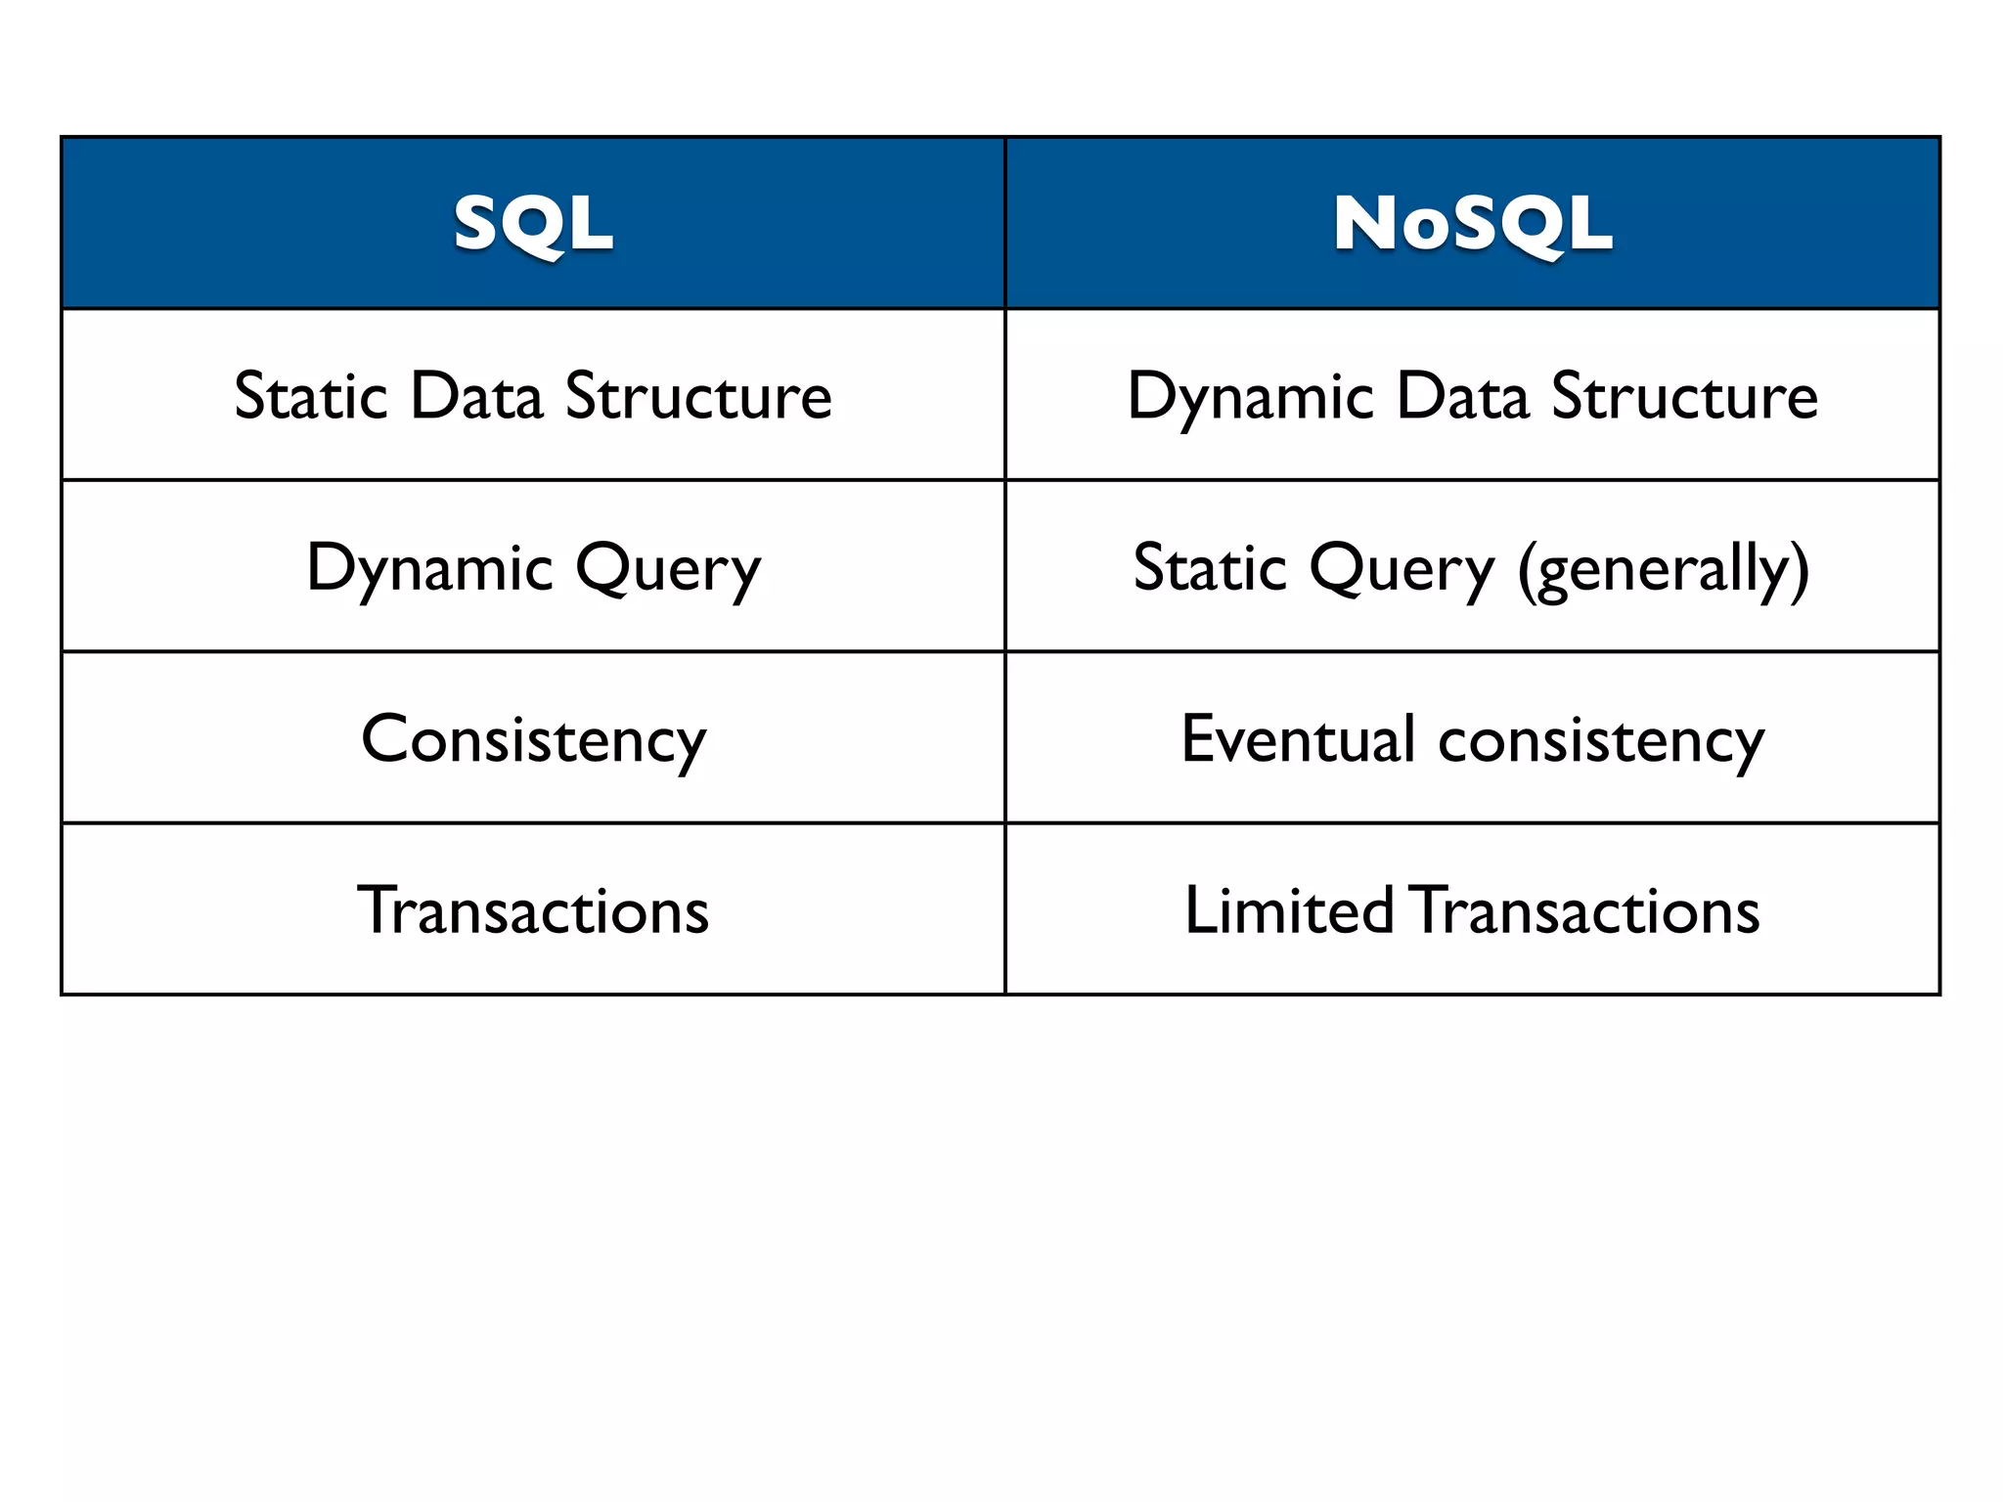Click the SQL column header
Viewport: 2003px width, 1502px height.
(533, 224)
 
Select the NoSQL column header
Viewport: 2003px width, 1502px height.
(1472, 224)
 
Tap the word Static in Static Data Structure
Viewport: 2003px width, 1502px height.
(311, 396)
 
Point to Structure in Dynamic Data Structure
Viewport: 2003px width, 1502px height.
(1684, 396)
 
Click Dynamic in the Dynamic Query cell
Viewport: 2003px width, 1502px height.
(430, 568)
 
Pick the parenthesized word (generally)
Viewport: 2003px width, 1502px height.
(1663, 570)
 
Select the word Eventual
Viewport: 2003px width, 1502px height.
(1298, 738)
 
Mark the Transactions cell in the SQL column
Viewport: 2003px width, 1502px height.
(533, 910)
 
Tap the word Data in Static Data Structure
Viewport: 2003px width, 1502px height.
(476, 396)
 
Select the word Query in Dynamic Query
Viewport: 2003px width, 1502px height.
(667, 570)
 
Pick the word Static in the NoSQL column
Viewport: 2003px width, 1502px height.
(1210, 568)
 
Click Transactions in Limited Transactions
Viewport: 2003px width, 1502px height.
(1586, 910)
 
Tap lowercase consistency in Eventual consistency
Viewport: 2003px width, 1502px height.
(1601, 740)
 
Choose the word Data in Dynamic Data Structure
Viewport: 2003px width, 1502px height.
(1462, 396)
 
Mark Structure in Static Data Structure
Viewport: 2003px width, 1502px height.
(698, 396)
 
